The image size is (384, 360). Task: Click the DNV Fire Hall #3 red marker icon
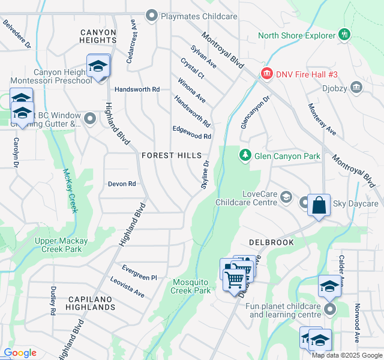(x=266, y=74)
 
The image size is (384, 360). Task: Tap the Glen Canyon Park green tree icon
(x=245, y=156)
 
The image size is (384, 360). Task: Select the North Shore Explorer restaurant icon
(x=344, y=35)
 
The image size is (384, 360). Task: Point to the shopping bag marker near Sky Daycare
(x=319, y=205)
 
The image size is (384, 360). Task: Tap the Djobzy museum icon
(x=356, y=88)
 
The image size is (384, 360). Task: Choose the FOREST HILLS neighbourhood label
(x=172, y=155)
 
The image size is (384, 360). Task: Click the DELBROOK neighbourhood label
(x=271, y=242)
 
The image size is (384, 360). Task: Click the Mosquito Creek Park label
(x=191, y=286)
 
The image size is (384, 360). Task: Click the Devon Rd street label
(x=122, y=184)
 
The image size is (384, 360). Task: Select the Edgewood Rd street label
(x=192, y=136)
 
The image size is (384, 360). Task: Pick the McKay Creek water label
(x=70, y=191)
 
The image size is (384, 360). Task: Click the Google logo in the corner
(x=20, y=353)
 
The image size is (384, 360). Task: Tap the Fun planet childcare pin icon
(x=329, y=310)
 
